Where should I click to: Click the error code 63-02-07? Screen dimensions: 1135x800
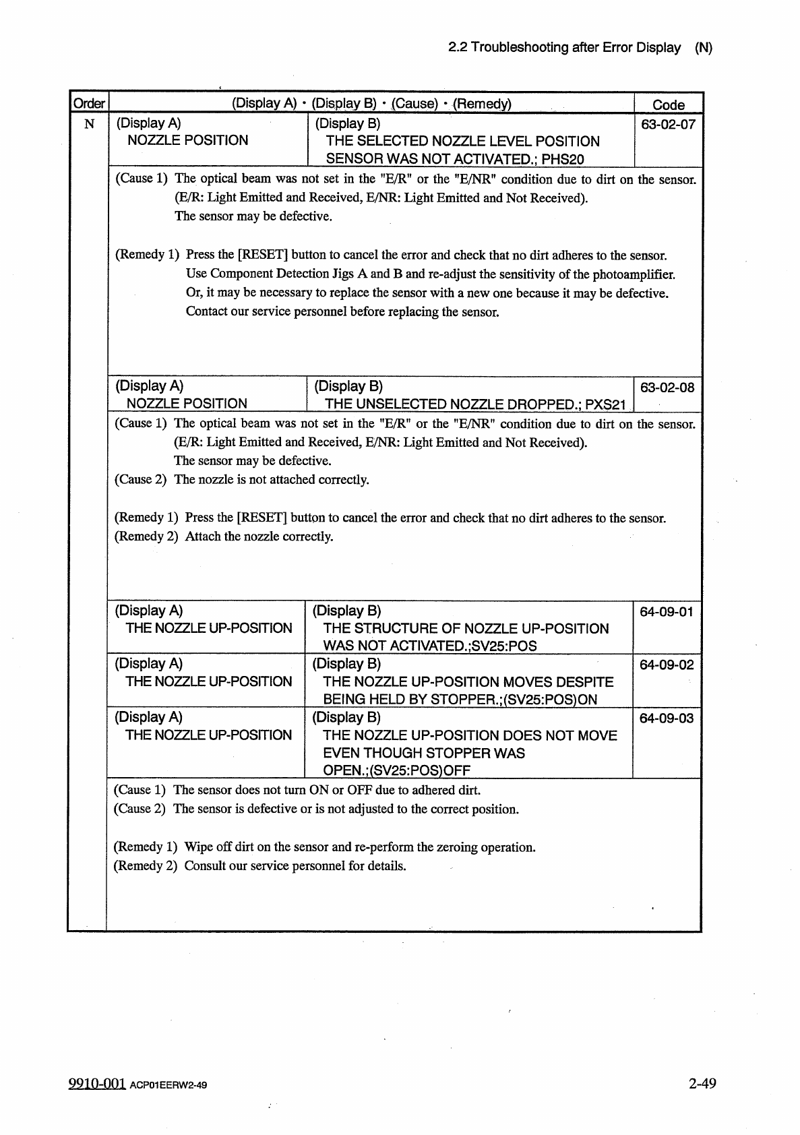(668, 125)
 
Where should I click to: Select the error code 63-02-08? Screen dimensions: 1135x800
(667, 388)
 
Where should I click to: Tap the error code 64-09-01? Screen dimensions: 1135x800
(666, 612)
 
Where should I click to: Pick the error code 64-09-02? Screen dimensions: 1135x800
(666, 665)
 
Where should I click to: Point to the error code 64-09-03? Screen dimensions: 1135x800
(666, 718)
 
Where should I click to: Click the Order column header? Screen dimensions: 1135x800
(89, 104)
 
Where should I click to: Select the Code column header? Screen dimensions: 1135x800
(669, 104)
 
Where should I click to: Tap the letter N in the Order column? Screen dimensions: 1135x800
(89, 125)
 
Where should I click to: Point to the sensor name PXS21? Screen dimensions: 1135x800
(606, 404)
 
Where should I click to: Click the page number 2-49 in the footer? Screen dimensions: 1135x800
(702, 1084)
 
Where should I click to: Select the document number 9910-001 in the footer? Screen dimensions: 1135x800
(98, 1084)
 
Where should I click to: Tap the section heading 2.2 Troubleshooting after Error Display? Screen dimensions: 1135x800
(564, 48)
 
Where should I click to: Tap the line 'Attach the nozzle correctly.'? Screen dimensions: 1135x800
(259, 537)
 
